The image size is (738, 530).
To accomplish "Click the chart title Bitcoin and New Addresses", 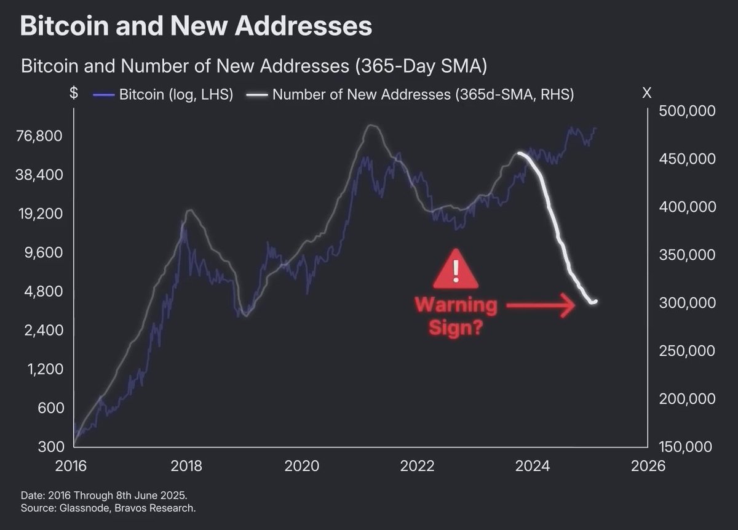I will [196, 26].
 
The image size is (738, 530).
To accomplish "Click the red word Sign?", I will [455, 327].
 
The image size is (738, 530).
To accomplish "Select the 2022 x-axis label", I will [418, 465].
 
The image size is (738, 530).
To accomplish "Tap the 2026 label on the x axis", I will [648, 465].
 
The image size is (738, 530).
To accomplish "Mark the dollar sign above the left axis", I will [74, 94].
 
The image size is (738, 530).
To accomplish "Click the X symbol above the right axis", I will [646, 94].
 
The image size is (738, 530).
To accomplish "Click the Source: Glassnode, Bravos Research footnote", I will [108, 508].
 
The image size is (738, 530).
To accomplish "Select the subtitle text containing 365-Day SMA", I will [253, 65].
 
